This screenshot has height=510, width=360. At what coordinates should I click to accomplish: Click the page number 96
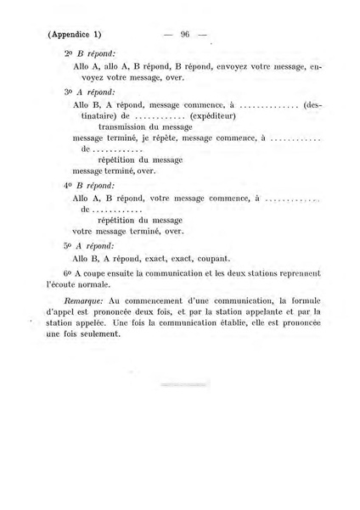tap(183, 35)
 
